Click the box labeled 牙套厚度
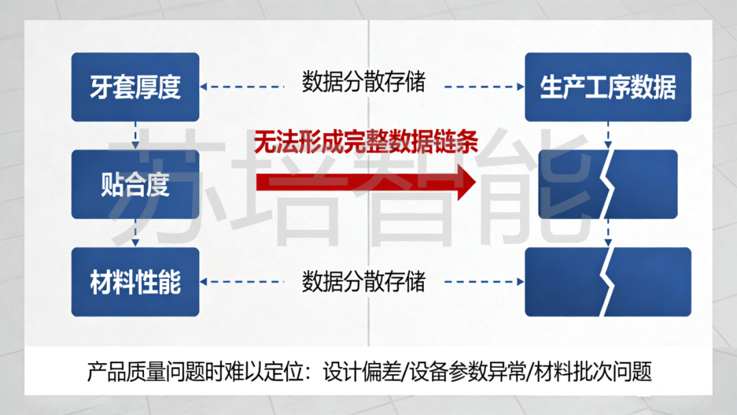(135, 87)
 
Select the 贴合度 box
(135, 184)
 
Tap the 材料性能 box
(135, 281)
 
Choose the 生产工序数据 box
(607, 87)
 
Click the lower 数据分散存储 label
(363, 281)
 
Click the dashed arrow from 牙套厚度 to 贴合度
(136, 136)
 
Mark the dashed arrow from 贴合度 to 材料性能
(136, 233)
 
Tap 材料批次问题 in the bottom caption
(593, 372)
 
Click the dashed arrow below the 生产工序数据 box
(607, 136)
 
